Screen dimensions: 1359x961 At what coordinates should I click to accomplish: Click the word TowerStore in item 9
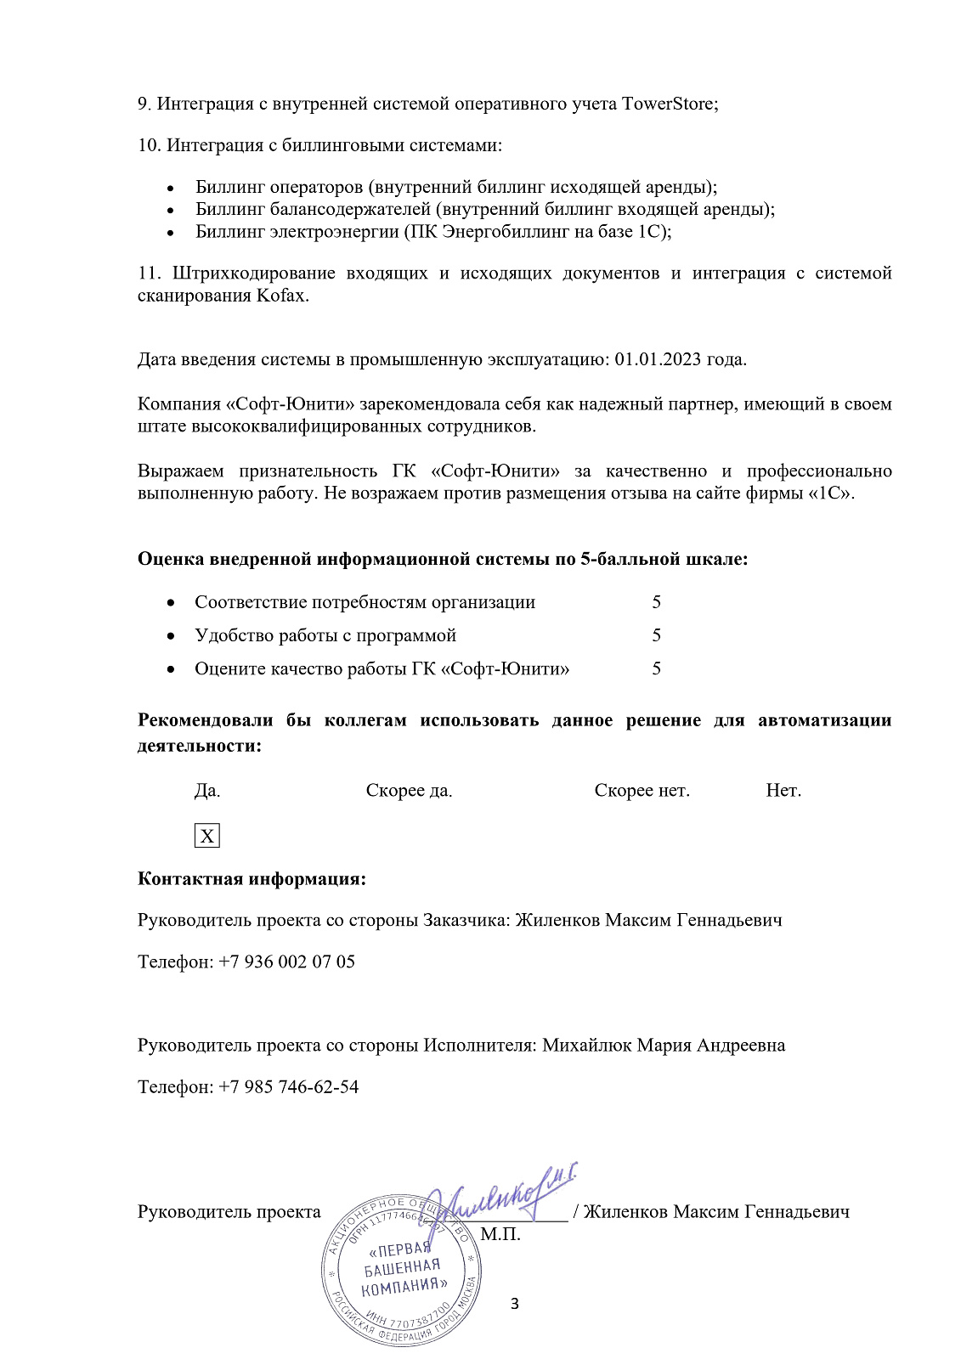667,104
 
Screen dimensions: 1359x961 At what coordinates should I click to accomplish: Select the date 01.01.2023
658,358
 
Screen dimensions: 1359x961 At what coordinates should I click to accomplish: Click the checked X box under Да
206,836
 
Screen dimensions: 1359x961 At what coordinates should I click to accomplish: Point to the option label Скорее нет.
642,791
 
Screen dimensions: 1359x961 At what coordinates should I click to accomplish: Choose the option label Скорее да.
409,791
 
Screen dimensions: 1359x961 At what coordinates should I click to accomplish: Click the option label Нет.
783,791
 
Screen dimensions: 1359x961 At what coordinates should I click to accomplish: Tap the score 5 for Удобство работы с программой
657,635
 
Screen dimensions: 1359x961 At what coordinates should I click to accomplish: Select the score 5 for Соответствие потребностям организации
657,602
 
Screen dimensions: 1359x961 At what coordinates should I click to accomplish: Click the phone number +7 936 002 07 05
286,961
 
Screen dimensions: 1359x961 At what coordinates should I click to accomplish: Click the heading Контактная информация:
252,878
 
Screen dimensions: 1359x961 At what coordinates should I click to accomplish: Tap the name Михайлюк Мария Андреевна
664,1045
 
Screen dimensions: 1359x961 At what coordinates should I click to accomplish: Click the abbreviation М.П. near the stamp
500,1234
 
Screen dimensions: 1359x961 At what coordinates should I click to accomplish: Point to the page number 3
514,1303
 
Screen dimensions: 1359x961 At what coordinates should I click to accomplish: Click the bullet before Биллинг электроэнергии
171,232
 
